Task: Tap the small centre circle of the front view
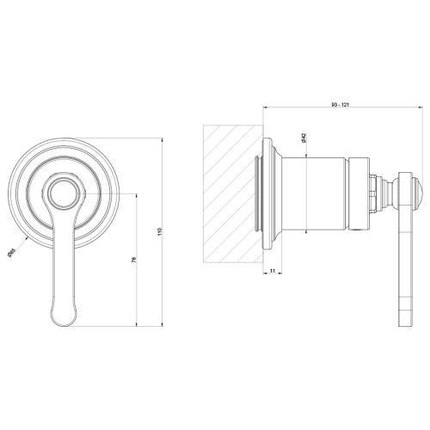(x=63, y=195)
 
